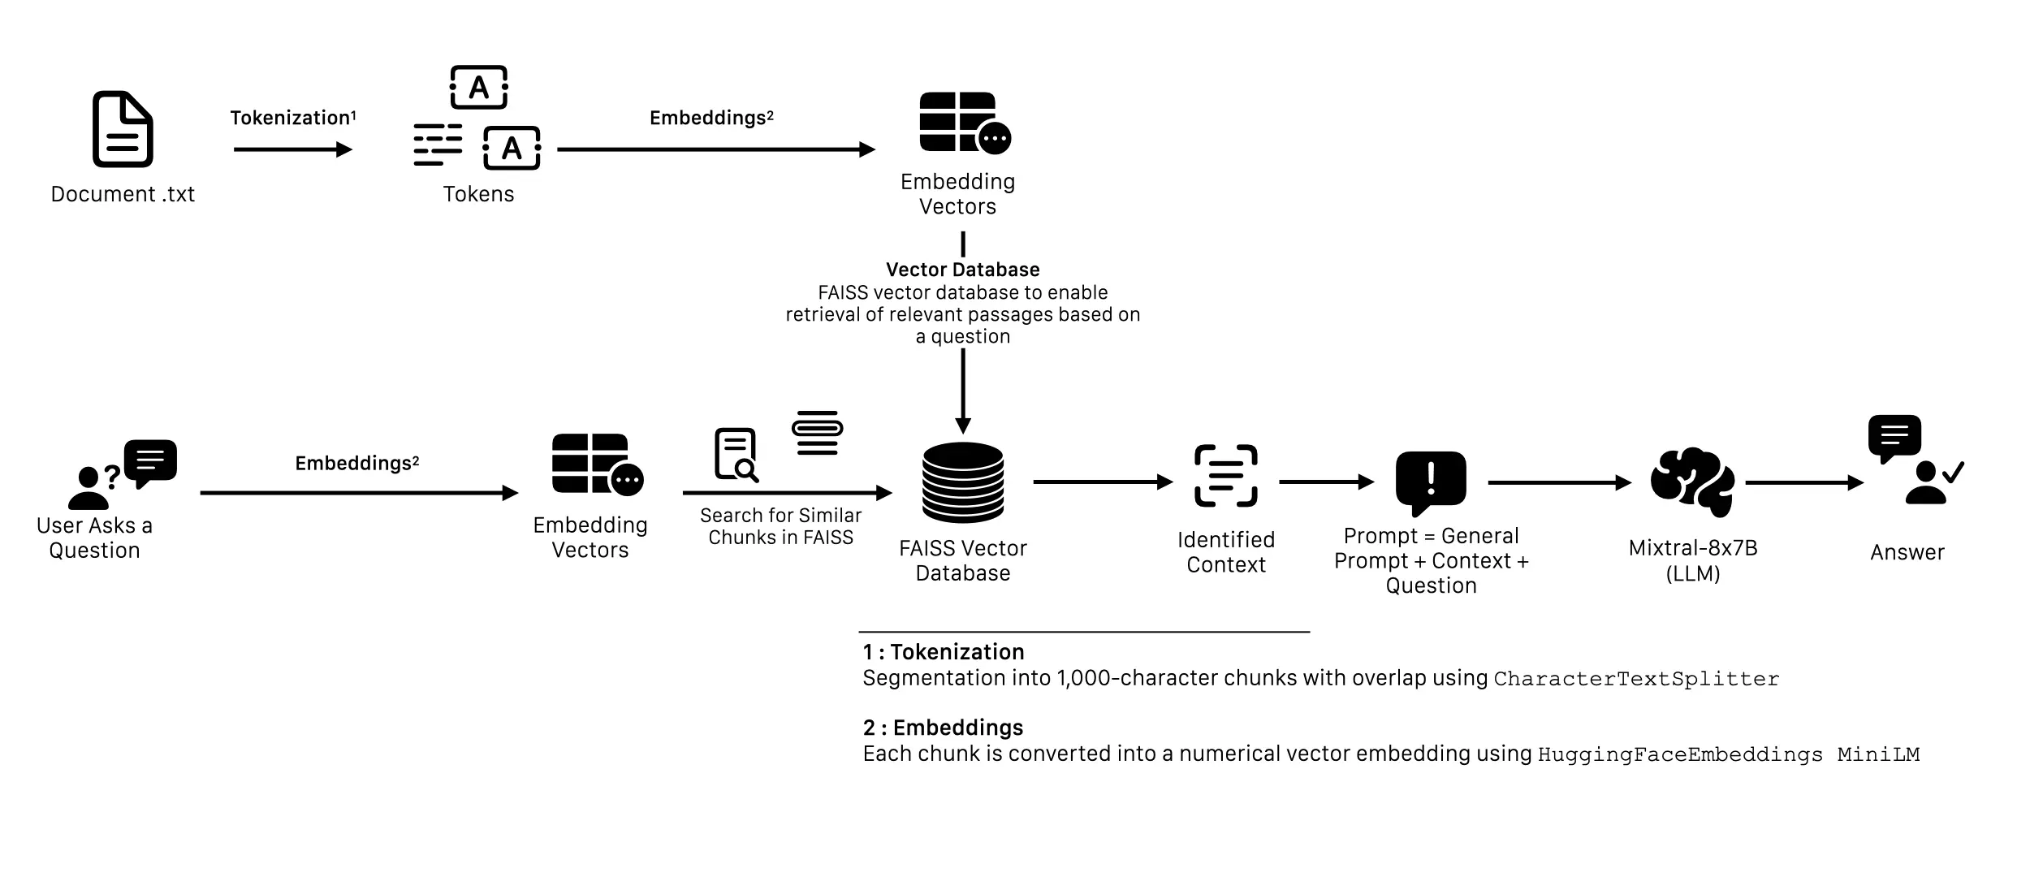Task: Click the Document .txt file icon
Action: pos(123,129)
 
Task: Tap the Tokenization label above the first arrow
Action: pos(292,118)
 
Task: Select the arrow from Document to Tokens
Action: pos(292,149)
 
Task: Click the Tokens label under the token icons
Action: pos(478,194)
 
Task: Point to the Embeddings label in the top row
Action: pos(710,118)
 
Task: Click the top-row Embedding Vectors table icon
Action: pos(964,123)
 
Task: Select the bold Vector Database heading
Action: pos(962,270)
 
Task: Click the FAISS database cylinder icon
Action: pos(963,482)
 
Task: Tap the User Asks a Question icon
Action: pos(122,474)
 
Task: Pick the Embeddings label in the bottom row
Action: pos(356,463)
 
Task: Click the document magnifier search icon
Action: pos(736,455)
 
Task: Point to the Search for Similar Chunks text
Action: pos(780,526)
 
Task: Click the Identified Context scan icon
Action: pos(1225,476)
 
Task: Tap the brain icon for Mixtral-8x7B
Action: pos(1692,482)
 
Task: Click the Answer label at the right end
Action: pos(1907,552)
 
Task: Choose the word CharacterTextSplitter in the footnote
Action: pos(1635,679)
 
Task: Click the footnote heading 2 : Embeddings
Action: pos(943,728)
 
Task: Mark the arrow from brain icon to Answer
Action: pos(1803,482)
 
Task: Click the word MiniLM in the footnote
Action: pos(1877,754)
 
